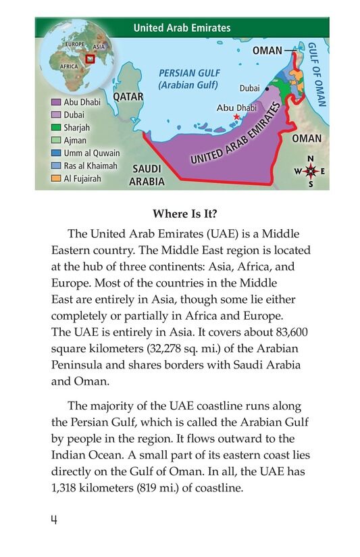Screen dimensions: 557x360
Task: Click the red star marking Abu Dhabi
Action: (236, 117)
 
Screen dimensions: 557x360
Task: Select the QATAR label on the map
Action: (128, 97)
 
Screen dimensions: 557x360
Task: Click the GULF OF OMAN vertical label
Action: (315, 74)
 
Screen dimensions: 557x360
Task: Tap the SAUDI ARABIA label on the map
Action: (148, 174)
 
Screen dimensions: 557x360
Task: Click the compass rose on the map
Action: (311, 171)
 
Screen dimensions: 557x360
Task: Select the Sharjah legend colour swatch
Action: (57, 127)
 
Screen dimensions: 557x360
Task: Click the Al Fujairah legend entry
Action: (78, 178)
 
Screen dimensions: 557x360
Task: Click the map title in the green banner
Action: (182, 28)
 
